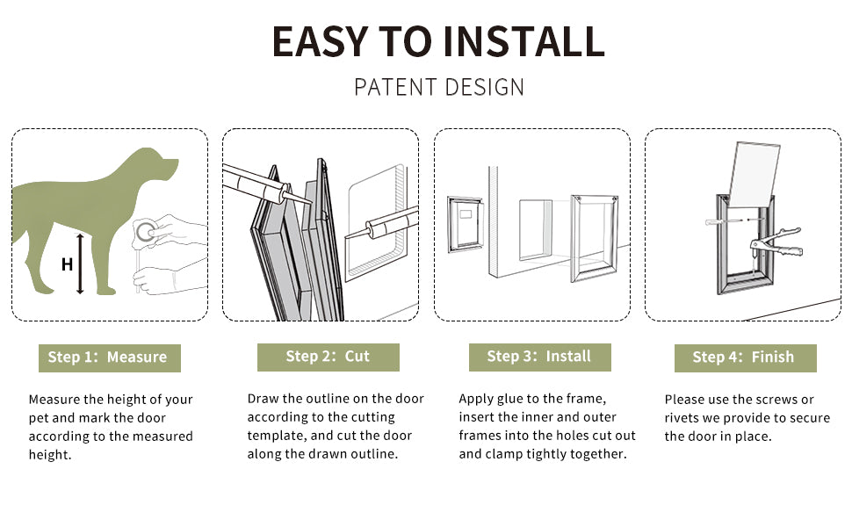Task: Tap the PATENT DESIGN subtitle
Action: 439,87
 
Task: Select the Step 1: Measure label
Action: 108,357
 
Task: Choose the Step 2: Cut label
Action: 328,357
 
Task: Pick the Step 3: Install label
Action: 539,357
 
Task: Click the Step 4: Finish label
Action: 744,357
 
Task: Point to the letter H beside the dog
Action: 67,263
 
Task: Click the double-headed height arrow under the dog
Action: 81,263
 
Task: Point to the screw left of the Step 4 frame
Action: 718,222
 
